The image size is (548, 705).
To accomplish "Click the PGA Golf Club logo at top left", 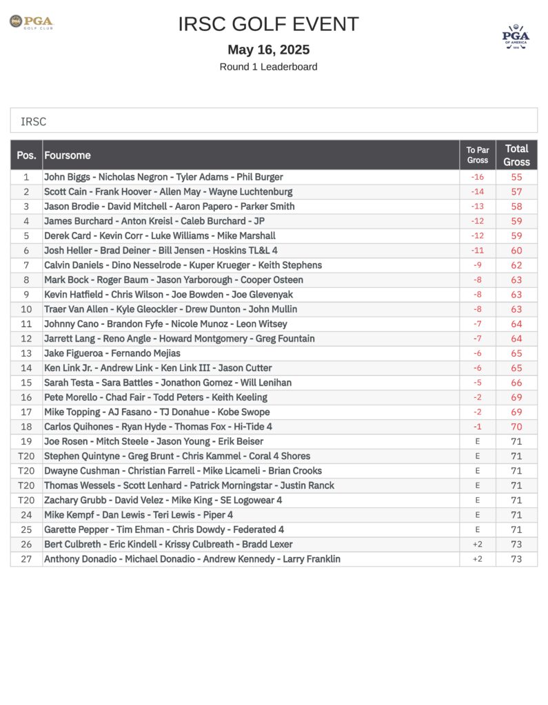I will pos(31,23).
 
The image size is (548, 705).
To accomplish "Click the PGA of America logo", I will pos(516,36).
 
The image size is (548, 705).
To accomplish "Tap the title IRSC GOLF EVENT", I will pos(268,24).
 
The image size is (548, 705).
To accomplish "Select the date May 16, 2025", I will pos(268,50).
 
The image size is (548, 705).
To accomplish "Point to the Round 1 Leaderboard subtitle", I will pos(268,67).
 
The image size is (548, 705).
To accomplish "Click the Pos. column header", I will pos(26,156).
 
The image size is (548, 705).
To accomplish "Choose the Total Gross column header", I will pos(516,155).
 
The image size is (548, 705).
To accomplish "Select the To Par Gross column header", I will pos(477,155).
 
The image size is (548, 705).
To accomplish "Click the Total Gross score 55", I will pos(516,177).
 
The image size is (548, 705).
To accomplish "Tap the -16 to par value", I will pos(477,177).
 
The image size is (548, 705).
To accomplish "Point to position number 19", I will pos(26,441).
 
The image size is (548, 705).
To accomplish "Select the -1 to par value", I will pos(477,427).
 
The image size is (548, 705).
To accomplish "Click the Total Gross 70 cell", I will pos(516,427).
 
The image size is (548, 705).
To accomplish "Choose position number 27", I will pos(26,559).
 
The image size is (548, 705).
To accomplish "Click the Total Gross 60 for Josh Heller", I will pos(516,251).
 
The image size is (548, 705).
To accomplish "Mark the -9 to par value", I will pos(477,265).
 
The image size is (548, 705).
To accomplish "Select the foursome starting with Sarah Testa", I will pos(168,382).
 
